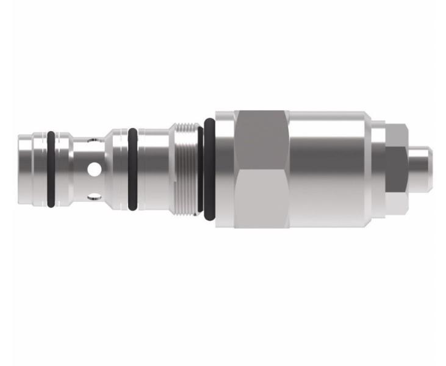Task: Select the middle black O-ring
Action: click(x=132, y=168)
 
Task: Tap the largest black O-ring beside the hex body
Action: click(x=209, y=168)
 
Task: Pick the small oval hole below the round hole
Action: click(x=92, y=196)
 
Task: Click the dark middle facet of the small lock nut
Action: click(x=396, y=168)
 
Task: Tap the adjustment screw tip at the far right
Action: click(x=420, y=168)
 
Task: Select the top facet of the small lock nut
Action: click(x=397, y=135)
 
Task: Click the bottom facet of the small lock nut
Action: click(x=397, y=201)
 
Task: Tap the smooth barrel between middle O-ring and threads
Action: click(x=153, y=168)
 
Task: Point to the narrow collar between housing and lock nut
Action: click(x=378, y=168)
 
